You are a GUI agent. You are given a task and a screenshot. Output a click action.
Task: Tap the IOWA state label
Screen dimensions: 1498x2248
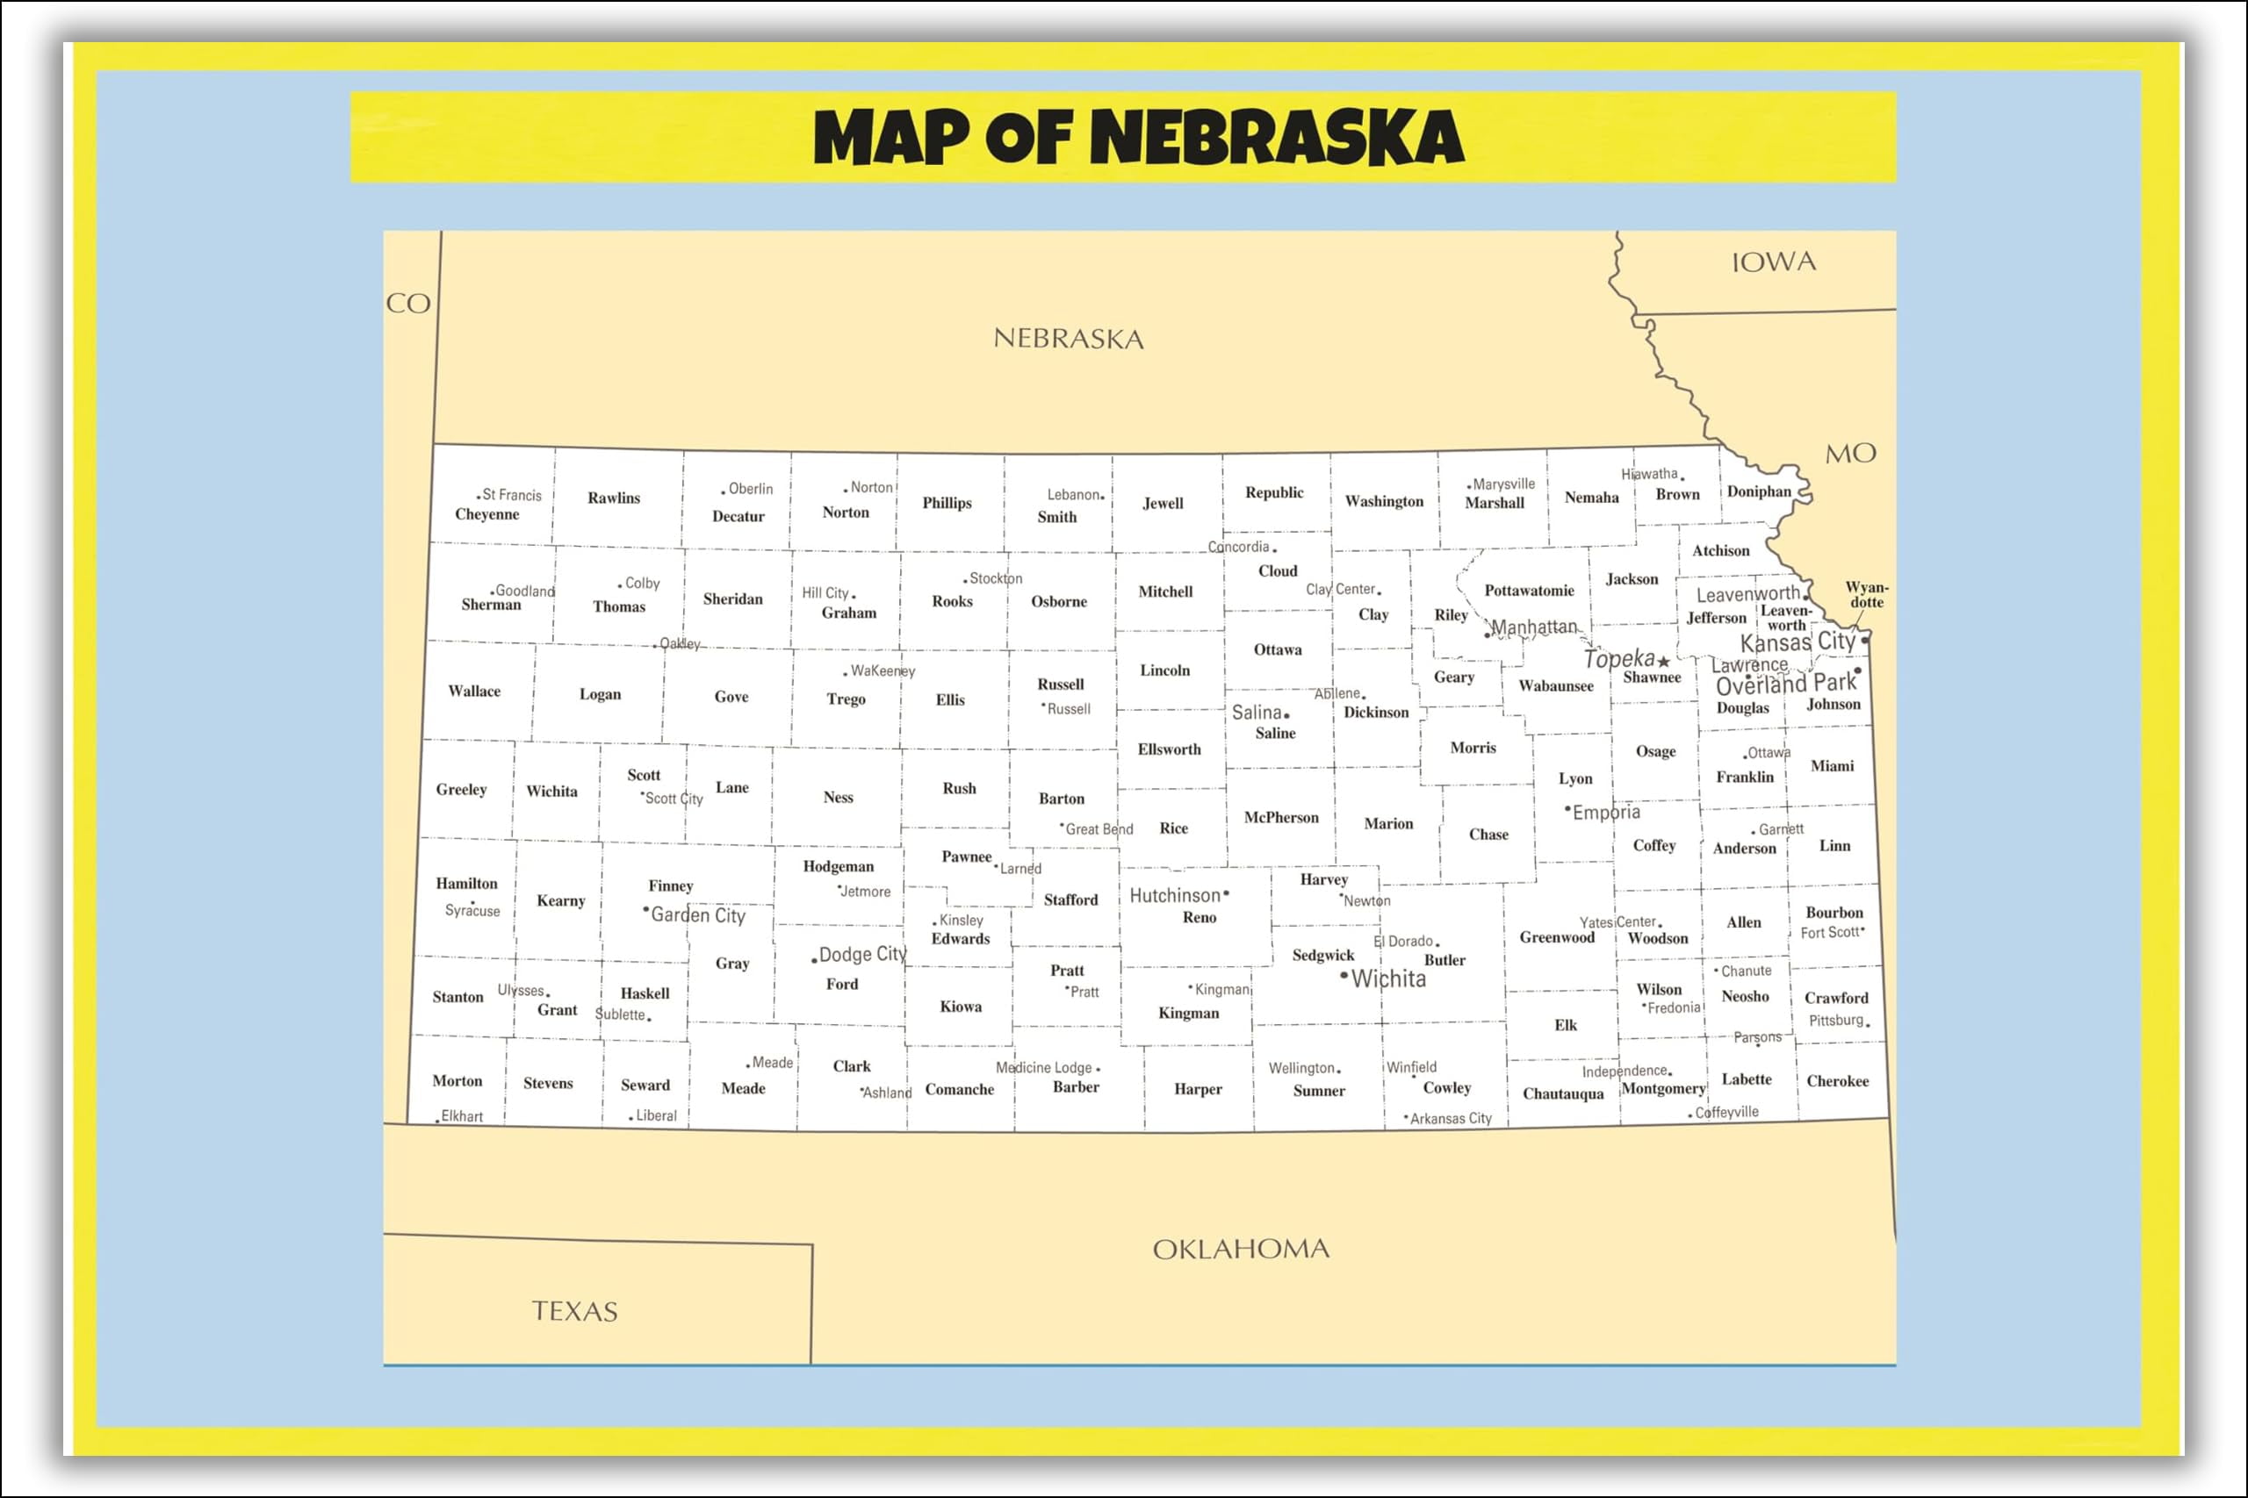1773,262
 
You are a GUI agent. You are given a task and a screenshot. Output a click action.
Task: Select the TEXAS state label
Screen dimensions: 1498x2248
574,1311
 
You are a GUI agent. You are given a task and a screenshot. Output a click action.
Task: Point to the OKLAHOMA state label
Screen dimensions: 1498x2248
1241,1249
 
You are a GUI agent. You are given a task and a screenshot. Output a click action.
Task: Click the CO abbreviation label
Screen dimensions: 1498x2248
408,304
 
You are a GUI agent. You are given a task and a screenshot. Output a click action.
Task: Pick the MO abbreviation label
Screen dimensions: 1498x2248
1850,453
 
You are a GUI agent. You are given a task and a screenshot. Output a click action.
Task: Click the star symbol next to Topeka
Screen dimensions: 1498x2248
1664,661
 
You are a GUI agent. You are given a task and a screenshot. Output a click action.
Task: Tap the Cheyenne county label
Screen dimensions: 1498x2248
486,514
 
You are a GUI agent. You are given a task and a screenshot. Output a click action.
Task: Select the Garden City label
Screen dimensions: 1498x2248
698,915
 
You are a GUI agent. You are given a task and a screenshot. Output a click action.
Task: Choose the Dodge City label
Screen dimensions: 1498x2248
862,955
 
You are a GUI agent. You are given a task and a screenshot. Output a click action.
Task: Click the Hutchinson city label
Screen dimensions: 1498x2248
1175,895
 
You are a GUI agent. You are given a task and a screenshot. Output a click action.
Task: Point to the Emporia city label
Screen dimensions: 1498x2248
1606,812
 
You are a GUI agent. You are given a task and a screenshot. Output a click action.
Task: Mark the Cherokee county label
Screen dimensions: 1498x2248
1837,1080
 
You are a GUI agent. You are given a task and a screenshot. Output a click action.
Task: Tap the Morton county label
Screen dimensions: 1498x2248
457,1080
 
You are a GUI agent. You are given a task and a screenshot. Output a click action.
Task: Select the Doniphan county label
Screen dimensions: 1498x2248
1759,491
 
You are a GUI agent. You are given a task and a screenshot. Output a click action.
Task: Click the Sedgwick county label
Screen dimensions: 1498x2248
1322,955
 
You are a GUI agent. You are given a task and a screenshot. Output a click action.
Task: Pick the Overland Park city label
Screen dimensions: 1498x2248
1784,684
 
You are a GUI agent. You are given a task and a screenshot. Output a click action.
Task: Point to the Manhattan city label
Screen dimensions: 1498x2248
1533,627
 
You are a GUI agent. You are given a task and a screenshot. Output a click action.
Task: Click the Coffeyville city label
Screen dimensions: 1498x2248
1726,1112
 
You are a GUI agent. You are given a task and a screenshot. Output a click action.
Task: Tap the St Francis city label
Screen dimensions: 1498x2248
511,495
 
